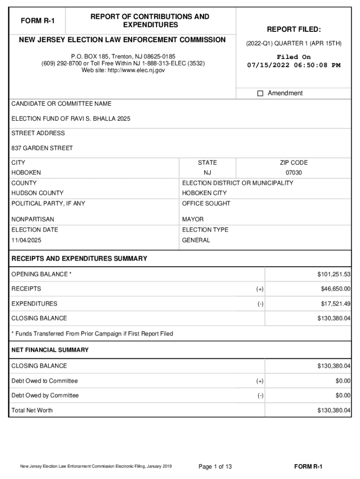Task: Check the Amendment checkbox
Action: tap(260, 94)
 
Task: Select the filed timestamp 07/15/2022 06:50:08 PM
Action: tap(294, 65)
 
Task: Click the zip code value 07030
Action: tap(294, 173)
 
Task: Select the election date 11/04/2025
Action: tap(26, 240)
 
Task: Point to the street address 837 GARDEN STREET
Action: tap(42, 148)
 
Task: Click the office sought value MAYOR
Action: tap(193, 219)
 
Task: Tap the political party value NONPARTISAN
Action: tap(33, 219)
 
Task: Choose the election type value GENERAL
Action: tap(196, 240)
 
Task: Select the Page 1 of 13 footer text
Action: tap(215, 466)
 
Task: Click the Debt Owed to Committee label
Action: tap(44, 381)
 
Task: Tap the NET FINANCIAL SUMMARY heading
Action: tap(50, 350)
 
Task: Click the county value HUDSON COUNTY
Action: tap(37, 193)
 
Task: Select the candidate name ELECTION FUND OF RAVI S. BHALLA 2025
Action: tap(71, 119)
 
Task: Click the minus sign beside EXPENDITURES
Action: tap(260, 304)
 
